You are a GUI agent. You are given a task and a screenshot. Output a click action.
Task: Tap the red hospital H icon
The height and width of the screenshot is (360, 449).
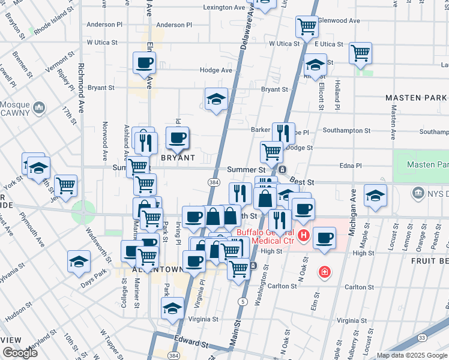click(x=304, y=235)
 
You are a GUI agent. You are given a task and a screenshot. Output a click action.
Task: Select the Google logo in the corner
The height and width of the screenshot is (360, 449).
click(x=20, y=353)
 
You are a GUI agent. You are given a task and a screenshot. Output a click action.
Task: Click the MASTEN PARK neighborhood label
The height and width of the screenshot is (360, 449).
click(x=417, y=98)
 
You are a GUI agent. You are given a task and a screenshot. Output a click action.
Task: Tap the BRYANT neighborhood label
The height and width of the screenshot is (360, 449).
click(x=178, y=158)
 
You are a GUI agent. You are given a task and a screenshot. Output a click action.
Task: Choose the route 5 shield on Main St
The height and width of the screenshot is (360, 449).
click(x=243, y=301)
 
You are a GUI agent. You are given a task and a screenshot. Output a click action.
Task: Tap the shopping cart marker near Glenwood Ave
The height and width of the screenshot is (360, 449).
click(x=307, y=26)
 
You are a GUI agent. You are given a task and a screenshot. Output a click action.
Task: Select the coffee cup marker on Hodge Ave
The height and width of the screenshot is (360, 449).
click(x=145, y=62)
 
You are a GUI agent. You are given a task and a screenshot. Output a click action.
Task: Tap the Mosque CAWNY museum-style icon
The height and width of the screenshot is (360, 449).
click(x=40, y=108)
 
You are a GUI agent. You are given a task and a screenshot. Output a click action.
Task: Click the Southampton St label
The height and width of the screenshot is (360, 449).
click(x=346, y=130)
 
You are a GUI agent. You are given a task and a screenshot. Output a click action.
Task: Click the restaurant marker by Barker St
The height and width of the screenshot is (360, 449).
click(x=283, y=133)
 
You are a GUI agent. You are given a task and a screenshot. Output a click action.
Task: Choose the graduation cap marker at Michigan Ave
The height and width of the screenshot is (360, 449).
click(x=376, y=195)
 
